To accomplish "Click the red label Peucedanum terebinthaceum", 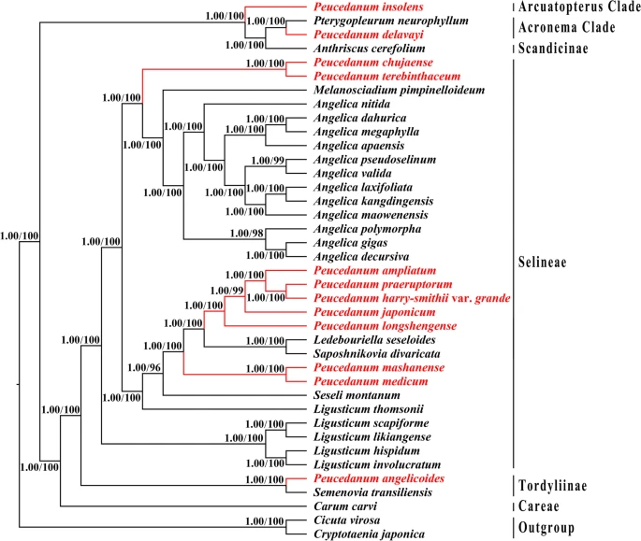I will coord(380,76).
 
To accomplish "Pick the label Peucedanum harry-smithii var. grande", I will coord(405,298).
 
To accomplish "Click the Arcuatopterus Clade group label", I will coord(579,7).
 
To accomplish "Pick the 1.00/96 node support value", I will coord(145,365).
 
